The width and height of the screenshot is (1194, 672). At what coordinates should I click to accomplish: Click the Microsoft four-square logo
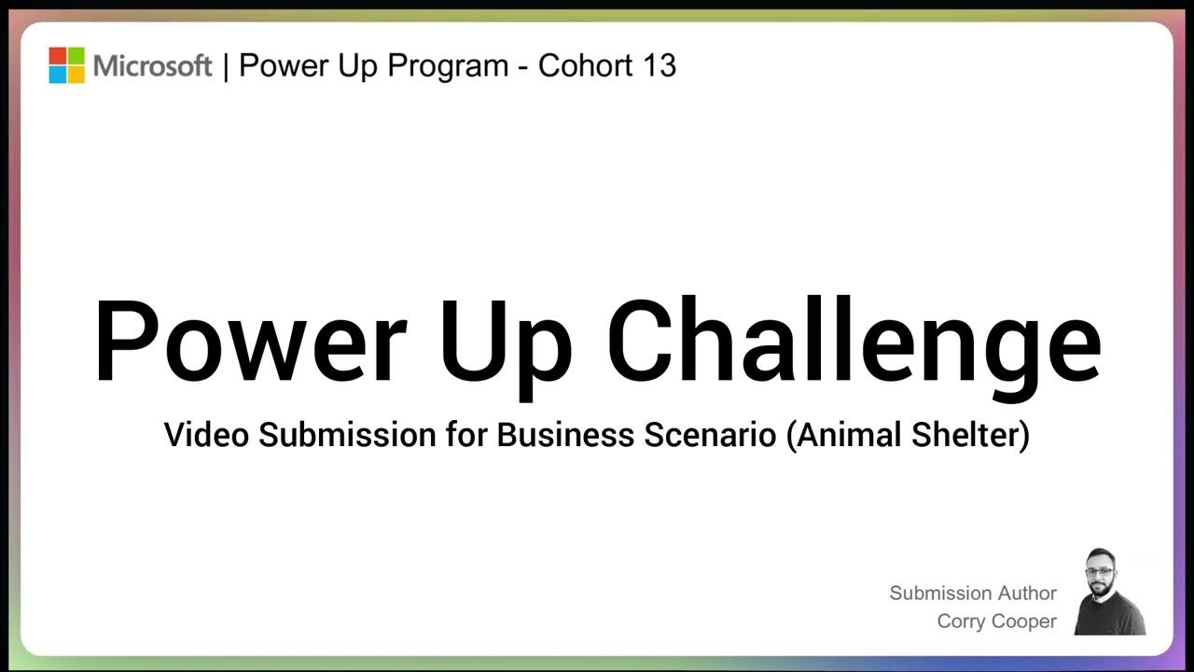66,65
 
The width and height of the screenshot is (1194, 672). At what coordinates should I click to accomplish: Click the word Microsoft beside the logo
153,66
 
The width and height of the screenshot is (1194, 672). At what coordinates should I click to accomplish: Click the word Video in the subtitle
208,435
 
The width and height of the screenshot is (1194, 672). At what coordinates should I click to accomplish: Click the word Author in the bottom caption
1027,593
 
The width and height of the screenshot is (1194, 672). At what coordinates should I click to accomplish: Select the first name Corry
963,622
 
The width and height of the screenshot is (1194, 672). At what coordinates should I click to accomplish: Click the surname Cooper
1026,622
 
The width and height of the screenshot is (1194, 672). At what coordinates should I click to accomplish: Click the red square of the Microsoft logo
57,56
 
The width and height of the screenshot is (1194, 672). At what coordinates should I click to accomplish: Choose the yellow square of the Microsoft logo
76,75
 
